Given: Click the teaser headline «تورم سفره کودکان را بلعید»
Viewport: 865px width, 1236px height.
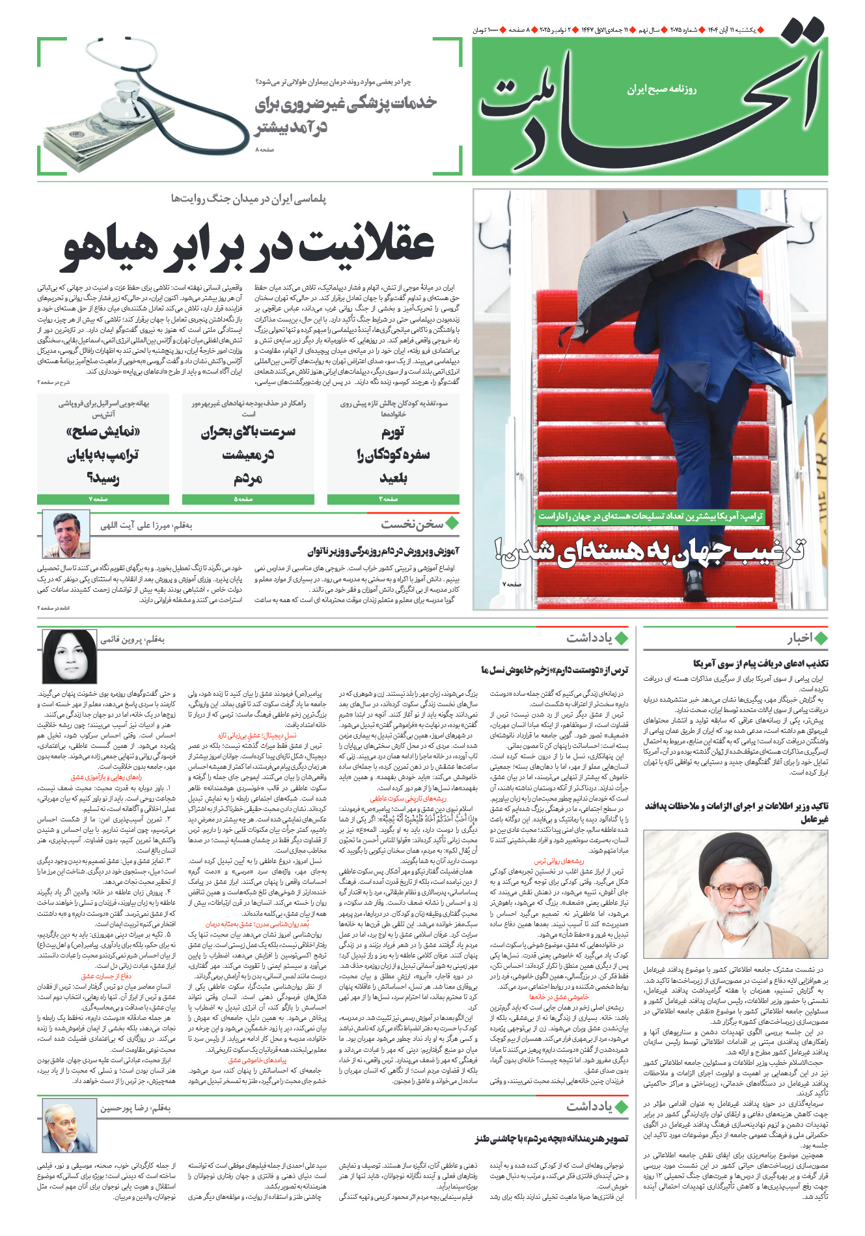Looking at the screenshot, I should (x=393, y=454).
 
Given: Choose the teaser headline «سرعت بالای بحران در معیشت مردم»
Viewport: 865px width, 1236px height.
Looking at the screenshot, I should (x=248, y=454).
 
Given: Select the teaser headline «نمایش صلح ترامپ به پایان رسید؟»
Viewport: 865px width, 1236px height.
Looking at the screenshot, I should (x=103, y=454).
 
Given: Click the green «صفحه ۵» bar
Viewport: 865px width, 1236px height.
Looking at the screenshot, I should (x=248, y=499).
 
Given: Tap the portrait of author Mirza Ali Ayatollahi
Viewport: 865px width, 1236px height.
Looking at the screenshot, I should (x=66, y=534).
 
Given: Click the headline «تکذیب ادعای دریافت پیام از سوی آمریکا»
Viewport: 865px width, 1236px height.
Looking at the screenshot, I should (x=761, y=664).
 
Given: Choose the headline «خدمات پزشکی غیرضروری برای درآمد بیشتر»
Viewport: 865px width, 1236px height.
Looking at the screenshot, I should (x=346, y=115).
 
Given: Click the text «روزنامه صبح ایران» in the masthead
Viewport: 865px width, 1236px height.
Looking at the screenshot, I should (x=662, y=89).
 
